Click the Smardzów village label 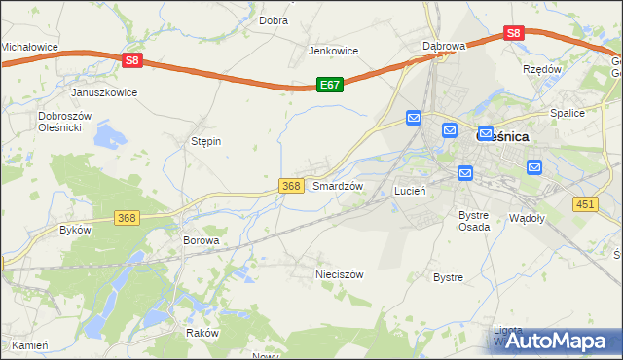338,185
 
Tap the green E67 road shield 329,86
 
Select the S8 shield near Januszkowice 133,60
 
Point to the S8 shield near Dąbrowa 515,33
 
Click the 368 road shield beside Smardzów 290,185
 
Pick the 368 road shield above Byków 126,218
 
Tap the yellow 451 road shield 585,203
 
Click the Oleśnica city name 502,137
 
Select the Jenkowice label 334,51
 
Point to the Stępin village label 205,141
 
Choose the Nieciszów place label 339,274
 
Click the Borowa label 202,239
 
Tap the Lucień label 410,191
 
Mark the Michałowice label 29,46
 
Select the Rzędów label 542,70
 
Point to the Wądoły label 527,218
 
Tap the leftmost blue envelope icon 414,119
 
